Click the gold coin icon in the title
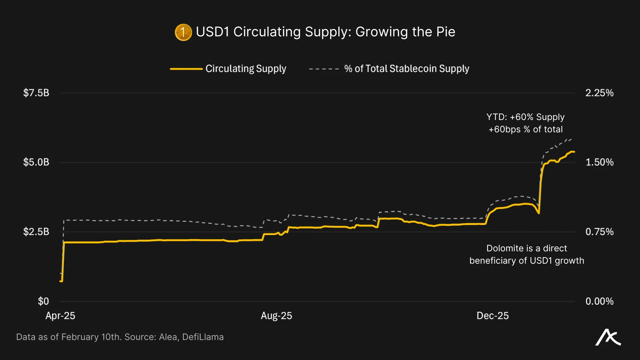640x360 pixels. (x=183, y=32)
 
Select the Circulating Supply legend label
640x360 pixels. (x=246, y=69)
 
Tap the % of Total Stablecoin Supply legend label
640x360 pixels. (x=406, y=69)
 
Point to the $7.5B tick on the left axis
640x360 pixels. (x=36, y=93)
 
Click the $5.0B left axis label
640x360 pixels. (x=36, y=162)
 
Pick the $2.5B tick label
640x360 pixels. (x=36, y=232)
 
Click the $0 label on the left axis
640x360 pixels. (x=43, y=301)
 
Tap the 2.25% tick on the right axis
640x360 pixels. (x=599, y=93)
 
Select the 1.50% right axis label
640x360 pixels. (x=599, y=162)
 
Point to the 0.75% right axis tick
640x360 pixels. (x=599, y=232)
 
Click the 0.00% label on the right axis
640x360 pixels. (x=599, y=301)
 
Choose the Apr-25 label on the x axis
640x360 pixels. (x=60, y=316)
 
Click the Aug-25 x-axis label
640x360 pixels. (x=276, y=316)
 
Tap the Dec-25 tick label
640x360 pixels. (x=493, y=316)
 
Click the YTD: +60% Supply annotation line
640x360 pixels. (x=525, y=117)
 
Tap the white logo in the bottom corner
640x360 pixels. (x=608, y=338)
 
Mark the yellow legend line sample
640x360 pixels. (x=186, y=69)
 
